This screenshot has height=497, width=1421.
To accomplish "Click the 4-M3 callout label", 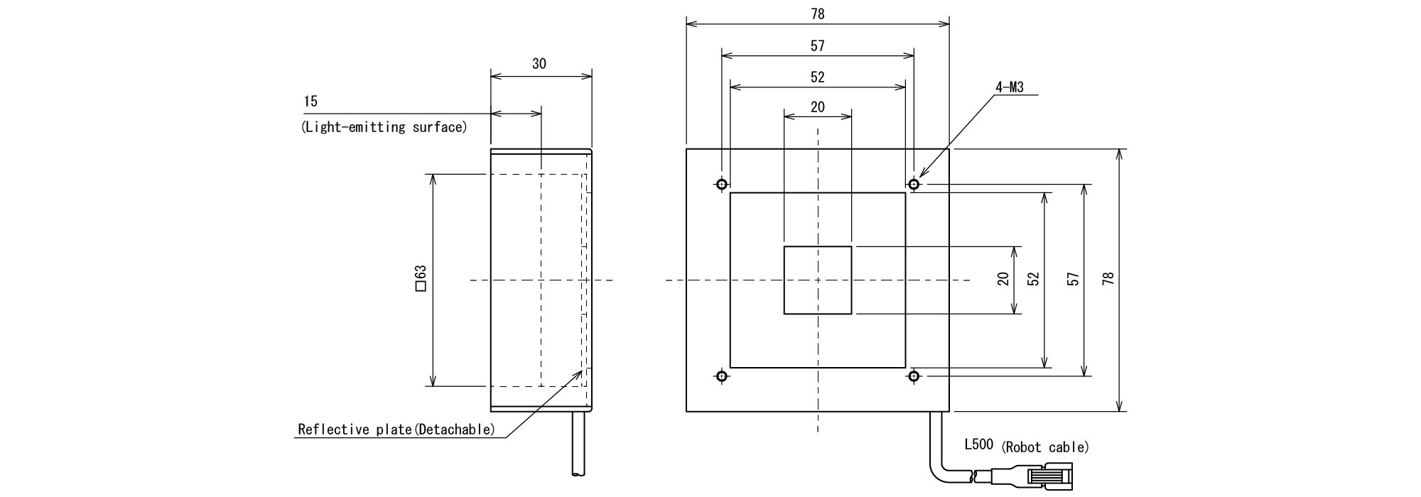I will (x=1009, y=88).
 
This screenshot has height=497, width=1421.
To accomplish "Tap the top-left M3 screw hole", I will (x=722, y=185).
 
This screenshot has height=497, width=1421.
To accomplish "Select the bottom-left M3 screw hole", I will (x=722, y=376).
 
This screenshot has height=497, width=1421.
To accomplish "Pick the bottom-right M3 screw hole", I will (x=914, y=376).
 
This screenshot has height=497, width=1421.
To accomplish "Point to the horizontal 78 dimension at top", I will (x=818, y=14).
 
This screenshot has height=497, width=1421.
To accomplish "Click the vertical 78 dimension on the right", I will (x=1108, y=279).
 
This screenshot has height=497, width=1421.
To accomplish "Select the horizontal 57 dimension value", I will (x=818, y=46).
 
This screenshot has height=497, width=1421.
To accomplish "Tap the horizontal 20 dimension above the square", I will (x=818, y=106).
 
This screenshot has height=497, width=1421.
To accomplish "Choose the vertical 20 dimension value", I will (x=1003, y=279).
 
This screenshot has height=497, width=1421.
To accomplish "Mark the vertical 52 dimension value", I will (x=1034, y=279).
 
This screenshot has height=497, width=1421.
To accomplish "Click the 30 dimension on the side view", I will (x=539, y=64).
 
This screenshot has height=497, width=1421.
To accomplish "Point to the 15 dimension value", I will (x=310, y=102).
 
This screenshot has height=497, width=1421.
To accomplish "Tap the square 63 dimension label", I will (x=420, y=279).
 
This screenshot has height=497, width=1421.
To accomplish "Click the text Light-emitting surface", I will (x=384, y=128).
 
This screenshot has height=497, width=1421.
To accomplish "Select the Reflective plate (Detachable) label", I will (x=396, y=430).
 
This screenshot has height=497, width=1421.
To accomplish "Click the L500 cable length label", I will (x=978, y=445).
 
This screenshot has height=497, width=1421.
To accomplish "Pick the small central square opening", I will (x=818, y=280).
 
